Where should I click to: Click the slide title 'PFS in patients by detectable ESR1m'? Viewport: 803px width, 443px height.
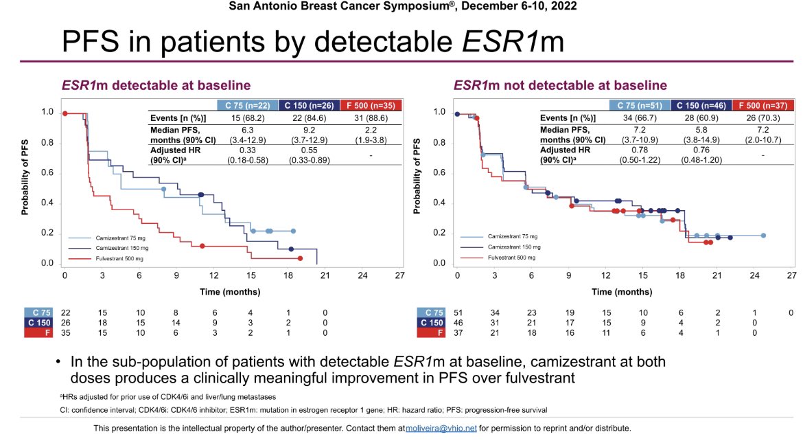[312, 42]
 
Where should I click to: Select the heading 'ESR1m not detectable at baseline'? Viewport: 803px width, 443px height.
[559, 86]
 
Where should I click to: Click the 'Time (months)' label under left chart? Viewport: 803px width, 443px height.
[229, 291]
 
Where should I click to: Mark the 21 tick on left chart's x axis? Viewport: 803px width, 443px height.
[325, 275]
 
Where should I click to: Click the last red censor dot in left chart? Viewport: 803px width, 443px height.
[301, 258]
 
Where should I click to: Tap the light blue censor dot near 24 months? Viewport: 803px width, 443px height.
[763, 236]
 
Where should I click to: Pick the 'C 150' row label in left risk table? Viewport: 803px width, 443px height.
[39, 322]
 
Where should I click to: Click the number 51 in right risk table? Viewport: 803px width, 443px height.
[457, 313]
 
